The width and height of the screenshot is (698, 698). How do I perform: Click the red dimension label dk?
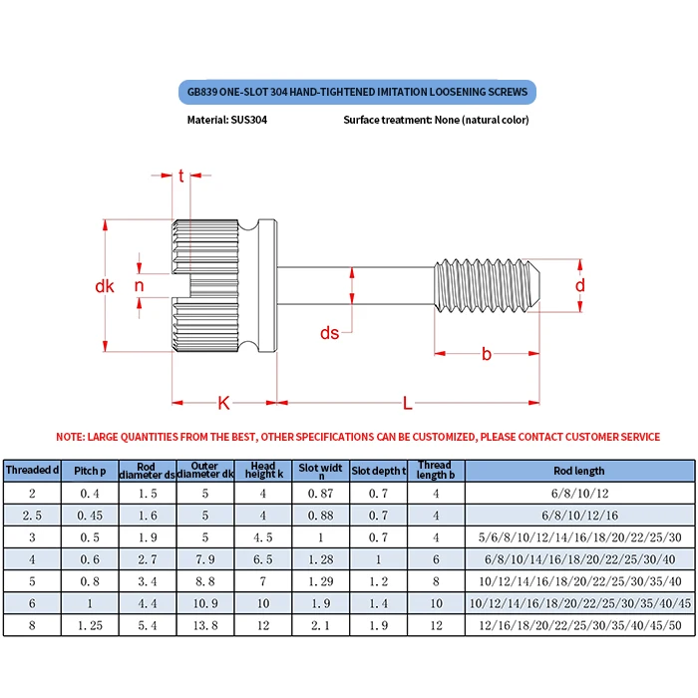coord(105,286)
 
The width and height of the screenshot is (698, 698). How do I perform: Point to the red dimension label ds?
coord(329,333)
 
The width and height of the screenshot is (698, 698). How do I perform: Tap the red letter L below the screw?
coord(408,403)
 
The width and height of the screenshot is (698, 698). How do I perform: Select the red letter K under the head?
coord(223,403)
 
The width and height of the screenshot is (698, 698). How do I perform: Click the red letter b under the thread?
coord(487,354)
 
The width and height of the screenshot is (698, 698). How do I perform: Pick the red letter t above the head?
coord(181,176)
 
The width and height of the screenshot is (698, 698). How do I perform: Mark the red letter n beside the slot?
coord(139,286)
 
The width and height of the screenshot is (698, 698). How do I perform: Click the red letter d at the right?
coord(579,285)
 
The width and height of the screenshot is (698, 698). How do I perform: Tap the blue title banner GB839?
coord(358,93)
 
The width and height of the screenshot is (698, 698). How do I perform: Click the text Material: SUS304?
coord(227,120)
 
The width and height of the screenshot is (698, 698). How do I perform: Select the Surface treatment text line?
coord(436,120)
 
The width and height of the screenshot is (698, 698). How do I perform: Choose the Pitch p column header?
coord(90,471)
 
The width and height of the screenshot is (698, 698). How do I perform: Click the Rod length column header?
coord(578,471)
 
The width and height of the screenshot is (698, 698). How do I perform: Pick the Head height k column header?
coord(263,471)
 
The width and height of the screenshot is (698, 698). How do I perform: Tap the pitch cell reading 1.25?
coord(90,626)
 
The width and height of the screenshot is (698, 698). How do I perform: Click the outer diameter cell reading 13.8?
coord(205,626)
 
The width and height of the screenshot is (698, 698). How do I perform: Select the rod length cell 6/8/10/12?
coord(578,494)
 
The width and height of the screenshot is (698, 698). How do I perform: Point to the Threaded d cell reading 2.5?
coord(32,516)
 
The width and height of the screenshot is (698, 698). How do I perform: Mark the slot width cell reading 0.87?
coord(321,494)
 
